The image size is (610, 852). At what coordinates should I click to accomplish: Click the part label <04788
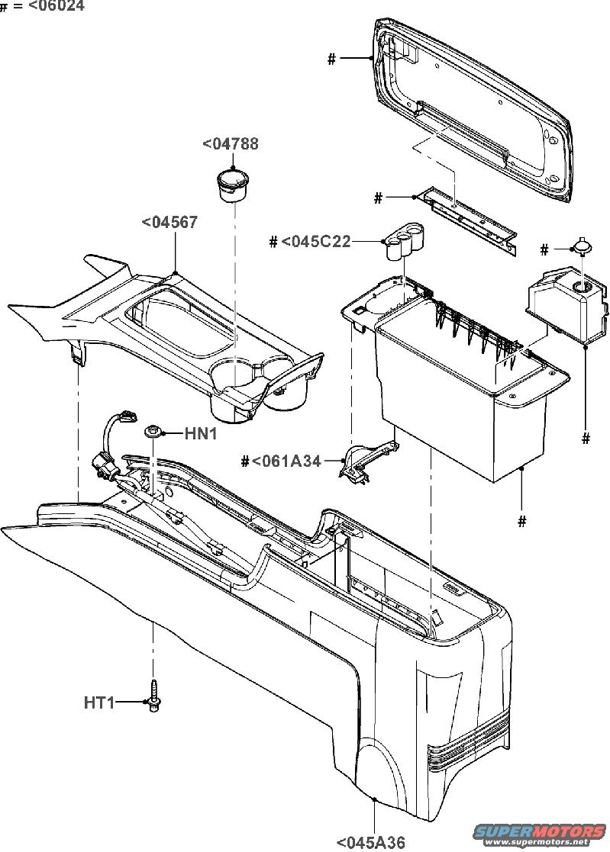[x=231, y=144]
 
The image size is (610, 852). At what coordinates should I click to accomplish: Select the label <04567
[x=169, y=222]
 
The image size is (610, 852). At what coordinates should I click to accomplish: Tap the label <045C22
[x=316, y=241]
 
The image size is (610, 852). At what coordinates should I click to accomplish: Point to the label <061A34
[x=286, y=461]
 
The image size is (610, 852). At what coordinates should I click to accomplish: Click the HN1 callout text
[x=201, y=433]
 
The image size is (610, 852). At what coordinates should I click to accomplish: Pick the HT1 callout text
[x=99, y=702]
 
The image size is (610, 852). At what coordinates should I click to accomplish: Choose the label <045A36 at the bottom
[x=371, y=842]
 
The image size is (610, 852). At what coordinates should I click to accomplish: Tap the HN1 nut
[x=152, y=433]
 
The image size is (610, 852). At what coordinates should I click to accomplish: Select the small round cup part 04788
[x=232, y=185]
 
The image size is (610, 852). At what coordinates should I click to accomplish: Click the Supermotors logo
[x=540, y=834]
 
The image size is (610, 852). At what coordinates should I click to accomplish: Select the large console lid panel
[x=472, y=108]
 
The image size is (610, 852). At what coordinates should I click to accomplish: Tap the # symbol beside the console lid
[x=331, y=59]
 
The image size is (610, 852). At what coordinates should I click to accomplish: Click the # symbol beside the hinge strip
[x=379, y=198]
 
